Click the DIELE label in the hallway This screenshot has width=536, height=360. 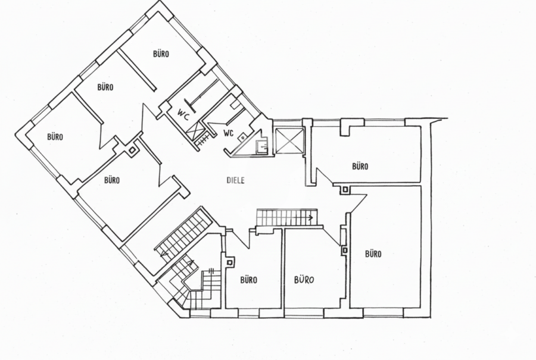[235, 180]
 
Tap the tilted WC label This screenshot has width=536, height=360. [183, 114]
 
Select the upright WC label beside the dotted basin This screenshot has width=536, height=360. [229, 133]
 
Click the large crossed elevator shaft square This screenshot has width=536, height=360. [289, 140]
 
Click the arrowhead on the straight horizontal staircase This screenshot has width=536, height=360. [310, 217]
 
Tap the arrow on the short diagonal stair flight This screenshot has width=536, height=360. [191, 264]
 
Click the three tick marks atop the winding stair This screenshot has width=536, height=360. [211, 271]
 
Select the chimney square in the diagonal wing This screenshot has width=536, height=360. [132, 150]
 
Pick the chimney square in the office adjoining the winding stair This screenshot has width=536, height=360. [230, 262]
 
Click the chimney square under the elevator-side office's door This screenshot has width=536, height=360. [345, 190]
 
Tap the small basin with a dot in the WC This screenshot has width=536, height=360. [243, 137]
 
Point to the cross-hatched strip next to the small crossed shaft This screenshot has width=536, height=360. [204, 140]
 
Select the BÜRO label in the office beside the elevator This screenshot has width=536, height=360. [360, 167]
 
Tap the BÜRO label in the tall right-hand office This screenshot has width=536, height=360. [373, 253]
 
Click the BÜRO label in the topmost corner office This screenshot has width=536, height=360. [161, 54]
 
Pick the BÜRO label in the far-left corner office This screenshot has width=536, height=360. [55, 137]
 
